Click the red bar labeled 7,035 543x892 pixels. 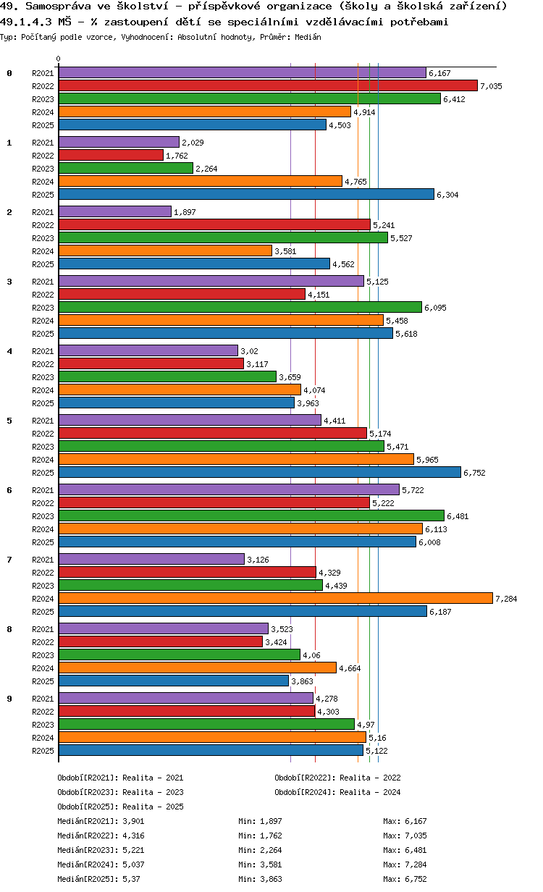[268, 85]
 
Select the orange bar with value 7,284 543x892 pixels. [275, 598]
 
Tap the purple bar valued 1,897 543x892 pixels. [114, 211]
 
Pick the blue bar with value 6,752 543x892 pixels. [259, 472]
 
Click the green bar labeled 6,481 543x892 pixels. [251, 516]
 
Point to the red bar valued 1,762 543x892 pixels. [111, 155]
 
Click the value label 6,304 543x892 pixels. [447, 195]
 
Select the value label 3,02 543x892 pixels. [248, 351]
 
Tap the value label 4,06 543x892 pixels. [311, 655]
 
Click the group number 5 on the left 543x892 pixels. [9, 421]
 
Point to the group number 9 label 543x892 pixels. [9, 699]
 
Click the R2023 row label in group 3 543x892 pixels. [43, 308]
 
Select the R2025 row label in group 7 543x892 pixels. [43, 612]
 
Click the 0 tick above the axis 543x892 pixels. [59, 59]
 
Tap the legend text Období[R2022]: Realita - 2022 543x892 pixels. [337, 778]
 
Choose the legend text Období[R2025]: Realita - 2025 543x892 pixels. [120, 807]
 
